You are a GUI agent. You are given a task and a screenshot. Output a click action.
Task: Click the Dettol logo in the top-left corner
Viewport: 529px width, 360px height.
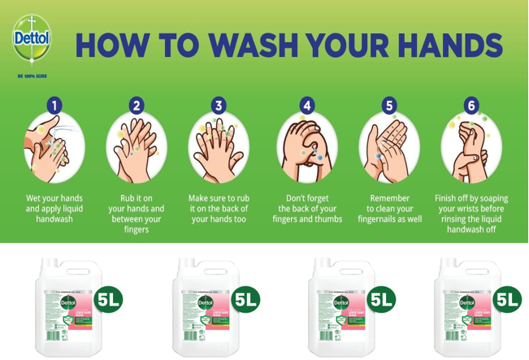tap(32, 40)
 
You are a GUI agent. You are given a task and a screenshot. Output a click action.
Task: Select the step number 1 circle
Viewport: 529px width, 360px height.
tap(54, 105)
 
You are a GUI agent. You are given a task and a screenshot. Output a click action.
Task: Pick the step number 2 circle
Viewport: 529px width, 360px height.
tap(137, 105)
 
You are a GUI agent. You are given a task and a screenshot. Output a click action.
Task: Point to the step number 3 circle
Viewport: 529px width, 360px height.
tap(218, 105)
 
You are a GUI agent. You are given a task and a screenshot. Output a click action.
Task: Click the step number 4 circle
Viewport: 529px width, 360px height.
tap(307, 105)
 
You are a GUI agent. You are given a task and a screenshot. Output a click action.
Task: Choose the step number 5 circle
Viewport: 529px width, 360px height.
tap(388, 105)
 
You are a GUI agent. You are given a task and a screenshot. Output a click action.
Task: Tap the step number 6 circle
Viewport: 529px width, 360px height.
tap(471, 105)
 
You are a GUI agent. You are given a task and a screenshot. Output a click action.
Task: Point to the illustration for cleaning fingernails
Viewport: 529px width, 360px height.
tap(388, 148)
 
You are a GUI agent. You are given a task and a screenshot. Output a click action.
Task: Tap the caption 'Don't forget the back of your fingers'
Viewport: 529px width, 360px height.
tap(307, 208)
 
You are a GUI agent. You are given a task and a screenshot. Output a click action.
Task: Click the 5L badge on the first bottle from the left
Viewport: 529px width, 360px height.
tap(109, 299)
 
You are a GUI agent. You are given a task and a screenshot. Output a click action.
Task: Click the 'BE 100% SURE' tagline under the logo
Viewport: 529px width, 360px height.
tap(31, 76)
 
